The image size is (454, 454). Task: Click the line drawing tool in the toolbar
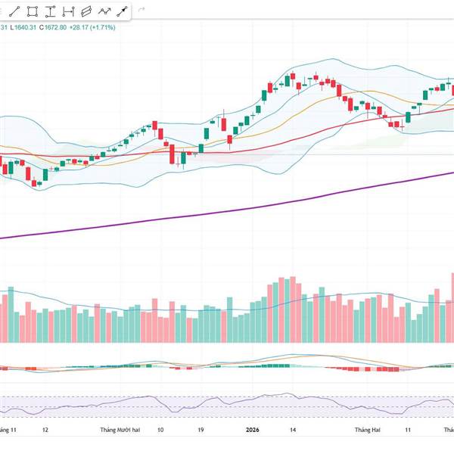16,11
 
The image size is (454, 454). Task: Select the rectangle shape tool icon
33,11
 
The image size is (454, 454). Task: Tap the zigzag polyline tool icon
104,11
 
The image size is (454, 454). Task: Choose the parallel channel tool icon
86,11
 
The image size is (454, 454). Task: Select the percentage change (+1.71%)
102,28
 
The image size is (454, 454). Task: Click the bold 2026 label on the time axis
254,429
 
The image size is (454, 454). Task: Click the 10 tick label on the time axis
160,429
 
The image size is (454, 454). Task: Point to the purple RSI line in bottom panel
227,402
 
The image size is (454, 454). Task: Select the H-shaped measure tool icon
67,11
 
